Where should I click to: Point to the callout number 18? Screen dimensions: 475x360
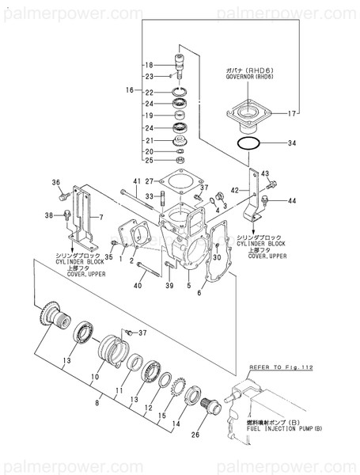(148, 64)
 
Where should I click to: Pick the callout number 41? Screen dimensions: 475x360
(136, 183)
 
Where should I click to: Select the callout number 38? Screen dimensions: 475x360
(48, 215)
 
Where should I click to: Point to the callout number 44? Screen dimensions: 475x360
(292, 201)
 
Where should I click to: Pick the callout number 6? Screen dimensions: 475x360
(199, 293)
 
